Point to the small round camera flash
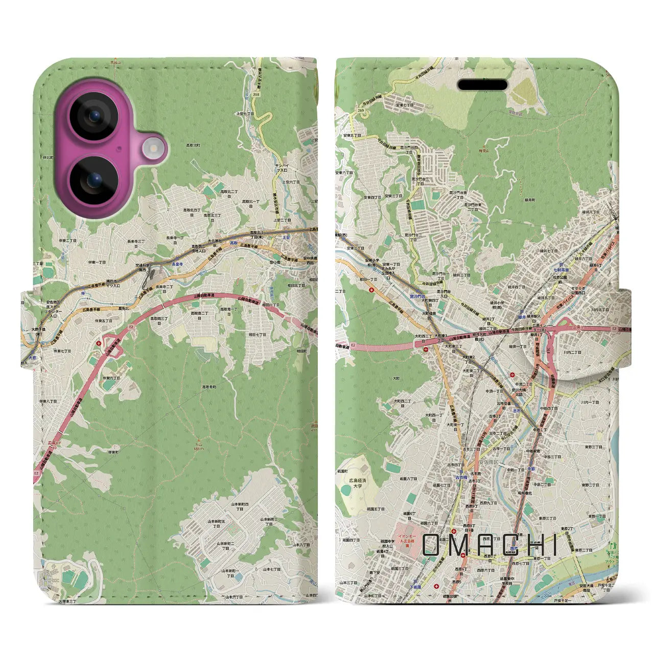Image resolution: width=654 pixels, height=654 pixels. tap(152, 149)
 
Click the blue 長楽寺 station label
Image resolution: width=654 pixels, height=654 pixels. tap(177, 264)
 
